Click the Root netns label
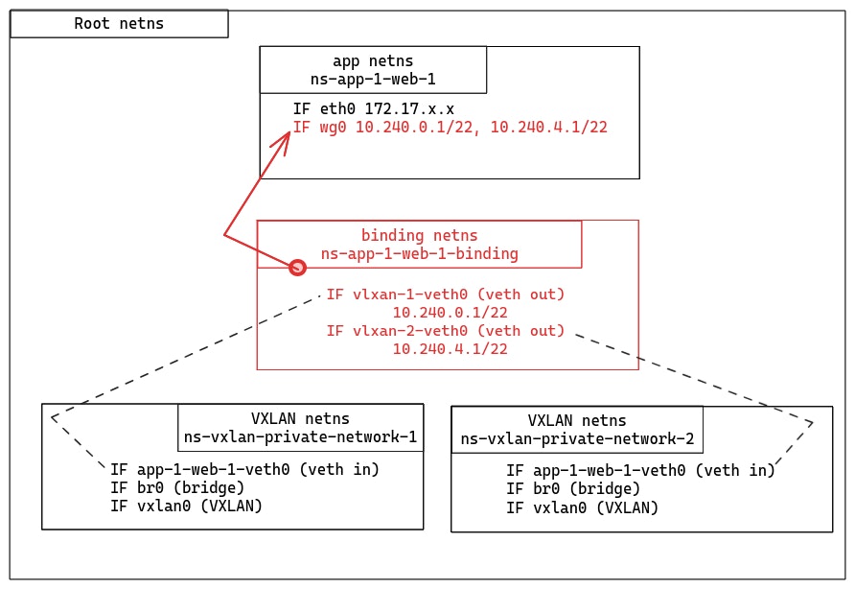(x=119, y=24)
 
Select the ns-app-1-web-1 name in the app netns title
(x=373, y=79)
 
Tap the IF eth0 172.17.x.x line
(x=374, y=109)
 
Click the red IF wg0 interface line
(x=451, y=127)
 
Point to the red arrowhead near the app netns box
(x=281, y=141)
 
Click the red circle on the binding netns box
(x=297, y=268)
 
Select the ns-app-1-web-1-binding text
(x=419, y=254)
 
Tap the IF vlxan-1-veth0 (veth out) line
(x=446, y=294)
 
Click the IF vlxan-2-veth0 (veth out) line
(x=446, y=331)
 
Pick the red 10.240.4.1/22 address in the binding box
(x=450, y=349)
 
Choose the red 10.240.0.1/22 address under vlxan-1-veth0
(x=450, y=313)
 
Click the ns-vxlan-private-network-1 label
(x=300, y=437)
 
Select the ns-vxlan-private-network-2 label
(x=577, y=439)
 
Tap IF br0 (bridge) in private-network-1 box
(x=177, y=487)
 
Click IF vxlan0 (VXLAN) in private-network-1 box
(x=186, y=506)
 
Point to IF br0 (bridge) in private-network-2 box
(x=573, y=489)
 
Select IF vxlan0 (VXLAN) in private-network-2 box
(x=582, y=507)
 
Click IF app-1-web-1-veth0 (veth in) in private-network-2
(x=640, y=470)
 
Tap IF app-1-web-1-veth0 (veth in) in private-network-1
(x=244, y=469)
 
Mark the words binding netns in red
(x=419, y=235)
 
